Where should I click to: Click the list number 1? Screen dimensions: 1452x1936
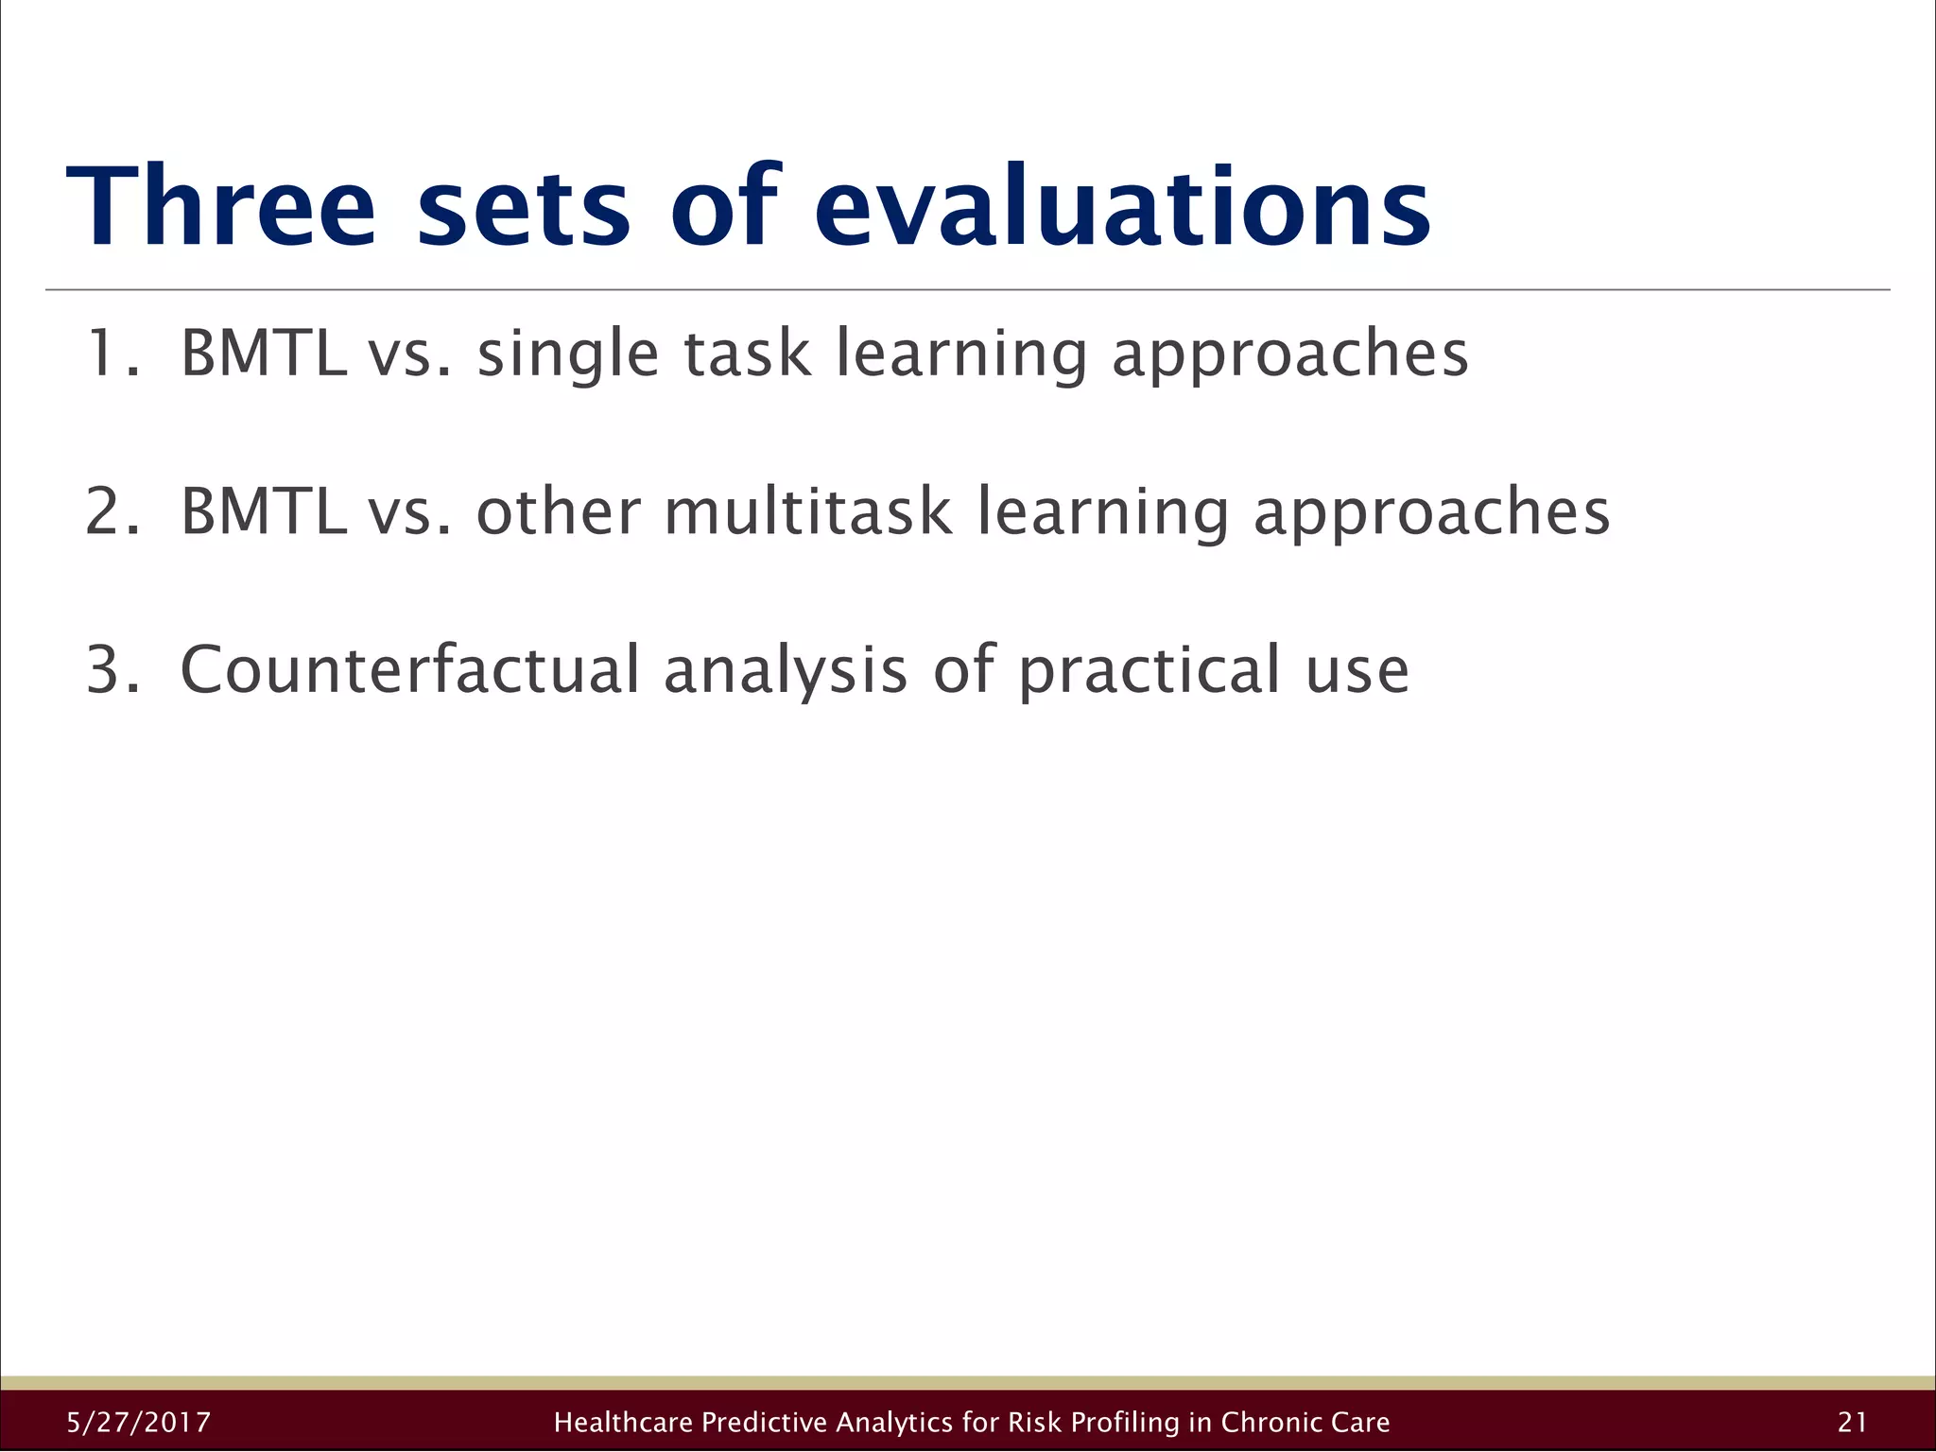tap(104, 353)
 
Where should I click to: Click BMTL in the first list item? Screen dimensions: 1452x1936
tap(263, 353)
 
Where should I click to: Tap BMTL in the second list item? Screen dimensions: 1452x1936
tap(263, 511)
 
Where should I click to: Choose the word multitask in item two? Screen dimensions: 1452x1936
tap(808, 511)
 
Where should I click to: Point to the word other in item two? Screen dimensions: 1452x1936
tap(559, 511)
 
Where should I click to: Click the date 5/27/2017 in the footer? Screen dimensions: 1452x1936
tap(139, 1422)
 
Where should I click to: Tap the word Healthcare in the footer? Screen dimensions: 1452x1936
tap(624, 1422)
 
